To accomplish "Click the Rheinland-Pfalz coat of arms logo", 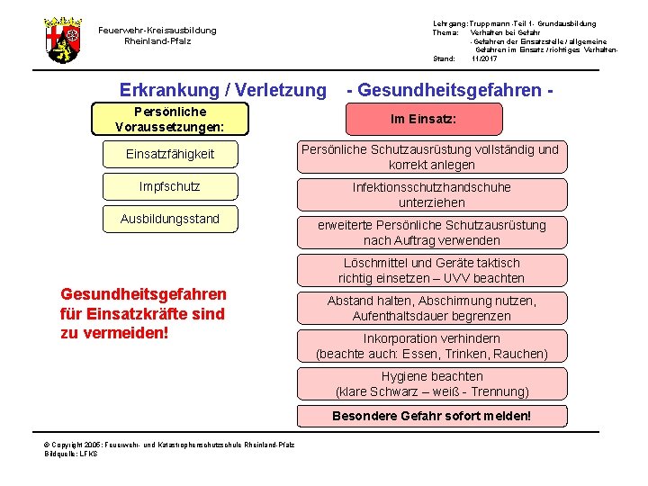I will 63,40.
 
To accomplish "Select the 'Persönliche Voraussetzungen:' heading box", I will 169,119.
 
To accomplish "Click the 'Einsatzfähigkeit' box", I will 170,154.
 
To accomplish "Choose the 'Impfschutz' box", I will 170,186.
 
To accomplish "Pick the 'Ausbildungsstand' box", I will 170,219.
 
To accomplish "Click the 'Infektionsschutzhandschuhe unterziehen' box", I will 432,194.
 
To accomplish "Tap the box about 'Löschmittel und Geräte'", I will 432,270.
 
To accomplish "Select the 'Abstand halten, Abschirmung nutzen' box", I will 432,308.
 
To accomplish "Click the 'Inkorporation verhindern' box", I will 432,346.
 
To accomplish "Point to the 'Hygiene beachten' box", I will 432,383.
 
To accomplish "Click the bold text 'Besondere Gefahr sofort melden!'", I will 432,416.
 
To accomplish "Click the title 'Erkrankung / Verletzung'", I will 223,90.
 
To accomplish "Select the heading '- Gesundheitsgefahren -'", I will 449,90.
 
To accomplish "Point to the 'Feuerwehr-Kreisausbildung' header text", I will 157,30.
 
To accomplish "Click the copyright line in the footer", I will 170,445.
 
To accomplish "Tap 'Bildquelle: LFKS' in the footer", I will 72,454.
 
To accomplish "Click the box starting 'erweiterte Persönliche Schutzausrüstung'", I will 432,232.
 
